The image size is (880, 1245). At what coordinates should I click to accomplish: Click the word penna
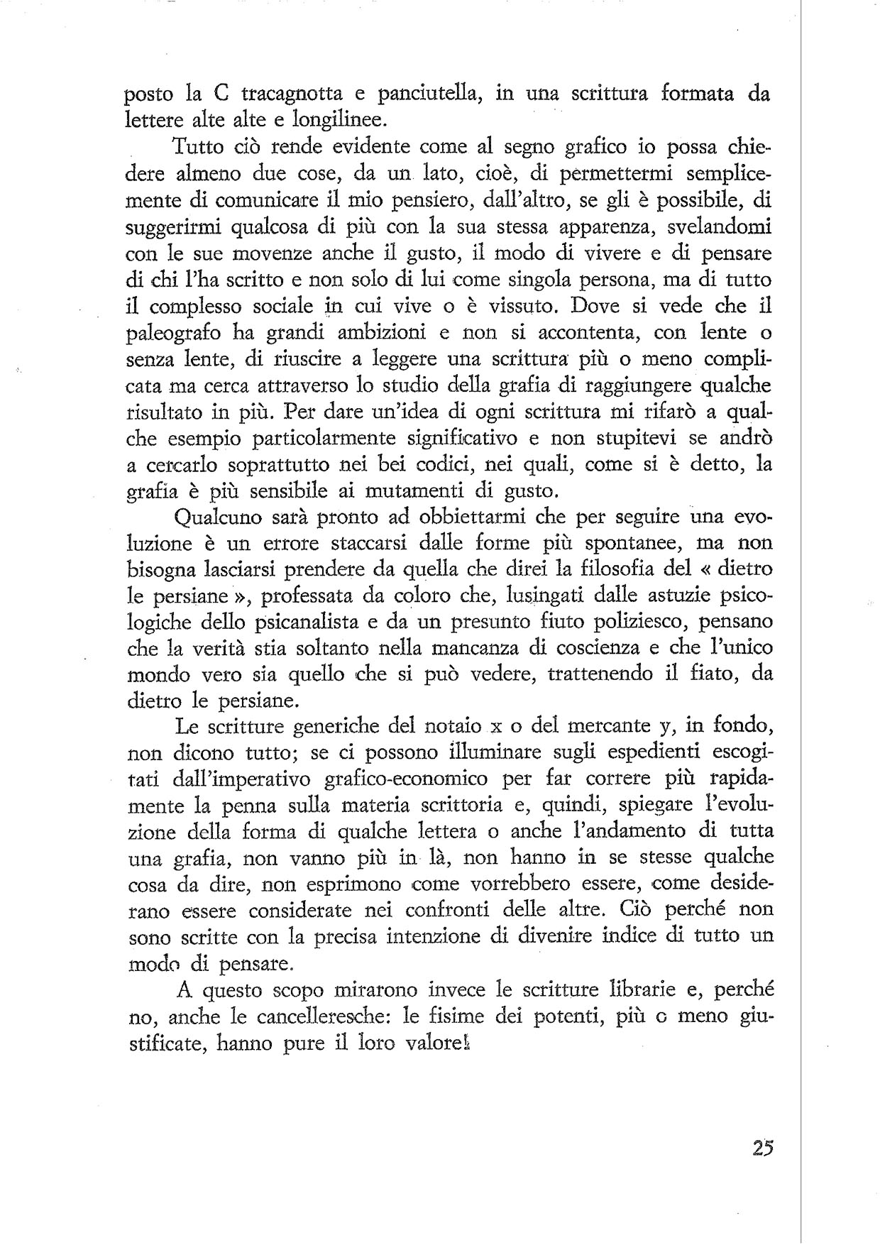point(277,806)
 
